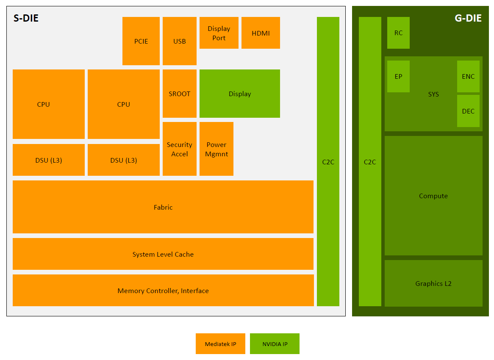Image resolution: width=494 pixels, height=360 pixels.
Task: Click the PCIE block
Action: pyautogui.click(x=141, y=41)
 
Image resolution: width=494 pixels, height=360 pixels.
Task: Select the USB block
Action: pyautogui.click(x=180, y=41)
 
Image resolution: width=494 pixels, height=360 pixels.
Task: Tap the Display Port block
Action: pyautogui.click(x=219, y=33)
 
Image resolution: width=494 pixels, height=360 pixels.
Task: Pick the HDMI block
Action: pyautogui.click(x=261, y=33)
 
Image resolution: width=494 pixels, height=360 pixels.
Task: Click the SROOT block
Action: pyautogui.click(x=180, y=94)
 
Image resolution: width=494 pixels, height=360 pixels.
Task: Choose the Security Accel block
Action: pyautogui.click(x=180, y=149)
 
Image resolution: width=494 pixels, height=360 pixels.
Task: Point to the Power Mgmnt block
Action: pyautogui.click(x=216, y=149)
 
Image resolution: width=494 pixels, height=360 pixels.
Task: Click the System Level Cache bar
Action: pyautogui.click(x=163, y=254)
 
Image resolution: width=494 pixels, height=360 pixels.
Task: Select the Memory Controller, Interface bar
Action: pyautogui.click(x=163, y=291)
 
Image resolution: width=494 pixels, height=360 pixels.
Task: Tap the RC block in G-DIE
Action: pyautogui.click(x=398, y=33)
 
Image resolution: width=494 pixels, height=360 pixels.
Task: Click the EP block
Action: pyautogui.click(x=398, y=77)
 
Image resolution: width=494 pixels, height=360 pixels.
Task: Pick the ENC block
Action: pyautogui.click(x=468, y=77)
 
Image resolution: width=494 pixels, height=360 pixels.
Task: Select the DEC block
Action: pyautogui.click(x=468, y=111)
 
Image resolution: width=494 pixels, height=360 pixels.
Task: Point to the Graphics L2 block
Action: pyautogui.click(x=433, y=283)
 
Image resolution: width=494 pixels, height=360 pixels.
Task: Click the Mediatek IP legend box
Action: pyautogui.click(x=220, y=344)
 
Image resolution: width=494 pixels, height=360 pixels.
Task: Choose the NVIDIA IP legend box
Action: pyautogui.click(x=275, y=344)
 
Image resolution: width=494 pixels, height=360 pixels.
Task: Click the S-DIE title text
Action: pyautogui.click(x=26, y=18)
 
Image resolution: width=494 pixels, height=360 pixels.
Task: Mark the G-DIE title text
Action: pyautogui.click(x=468, y=18)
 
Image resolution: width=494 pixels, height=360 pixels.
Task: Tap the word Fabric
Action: pyautogui.click(x=163, y=207)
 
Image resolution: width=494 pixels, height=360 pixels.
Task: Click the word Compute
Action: pyautogui.click(x=433, y=196)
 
